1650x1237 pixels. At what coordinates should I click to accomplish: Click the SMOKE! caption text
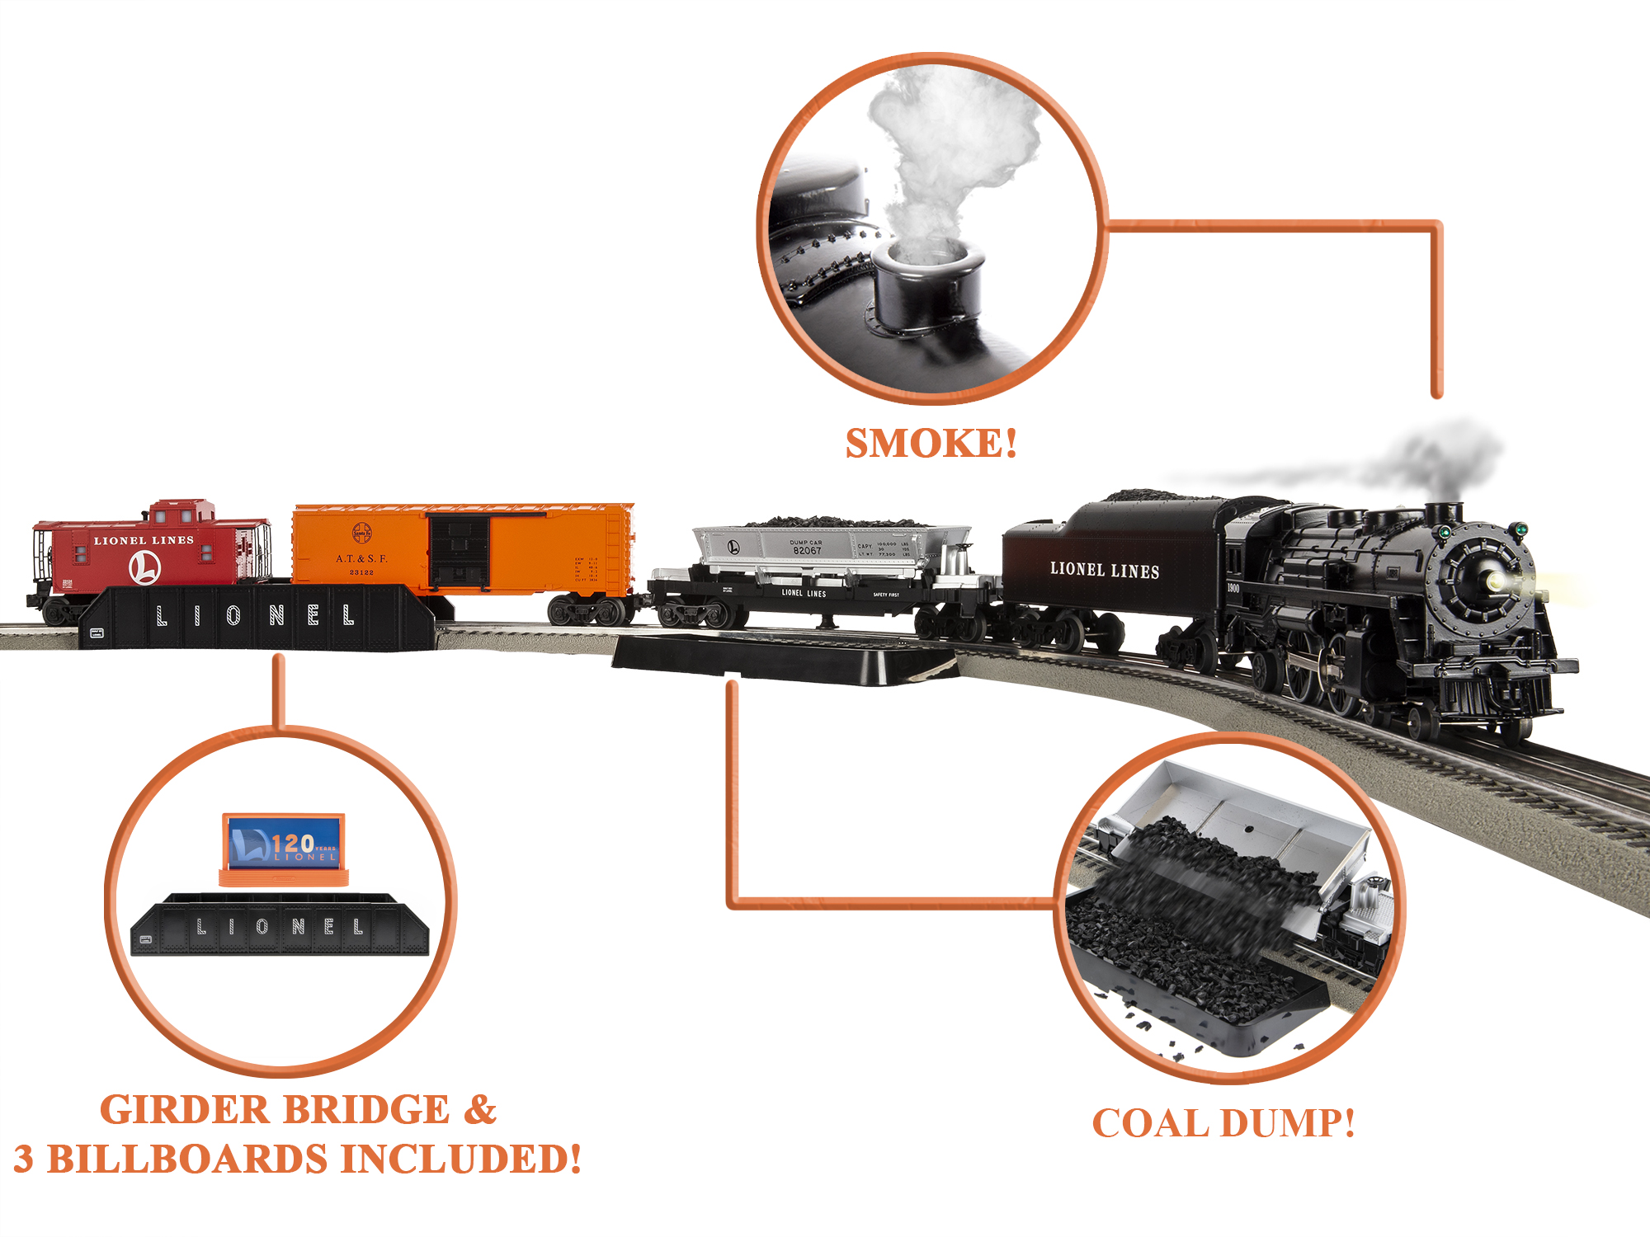tap(931, 444)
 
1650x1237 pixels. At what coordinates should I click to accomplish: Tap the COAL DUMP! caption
tap(1223, 1123)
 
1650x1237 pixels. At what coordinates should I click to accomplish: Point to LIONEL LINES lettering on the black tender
tap(1104, 570)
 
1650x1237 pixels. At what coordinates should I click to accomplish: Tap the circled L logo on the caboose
tap(144, 567)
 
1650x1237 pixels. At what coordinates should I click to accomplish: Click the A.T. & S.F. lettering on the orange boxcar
tap(361, 558)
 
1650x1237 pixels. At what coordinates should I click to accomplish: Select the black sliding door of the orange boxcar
tap(459, 551)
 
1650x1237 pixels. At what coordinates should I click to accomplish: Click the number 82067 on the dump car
tap(807, 550)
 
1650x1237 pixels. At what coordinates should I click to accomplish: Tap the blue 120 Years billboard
tap(284, 841)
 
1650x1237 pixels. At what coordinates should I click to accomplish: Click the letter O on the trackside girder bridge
tap(233, 614)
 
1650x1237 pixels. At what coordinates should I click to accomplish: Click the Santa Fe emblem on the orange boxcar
tap(361, 533)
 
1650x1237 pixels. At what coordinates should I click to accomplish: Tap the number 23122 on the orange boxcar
tap(361, 571)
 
